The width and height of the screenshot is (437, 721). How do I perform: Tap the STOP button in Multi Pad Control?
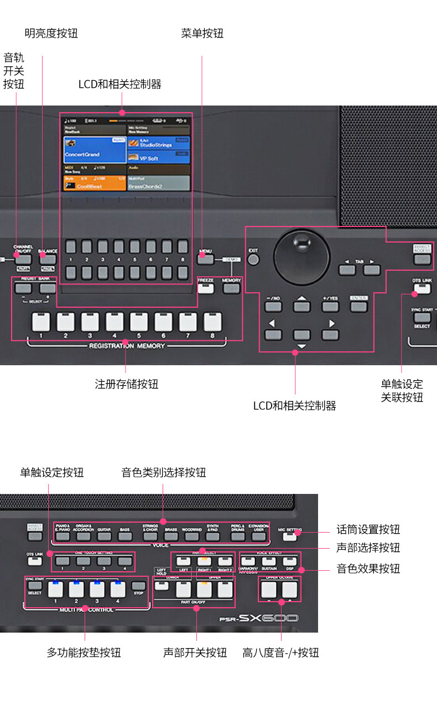coord(139,592)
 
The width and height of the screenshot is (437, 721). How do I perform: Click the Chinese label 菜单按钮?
coord(202,33)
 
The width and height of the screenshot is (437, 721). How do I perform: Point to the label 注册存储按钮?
coord(127,384)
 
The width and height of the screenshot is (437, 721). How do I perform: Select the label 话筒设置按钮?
coord(368,529)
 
